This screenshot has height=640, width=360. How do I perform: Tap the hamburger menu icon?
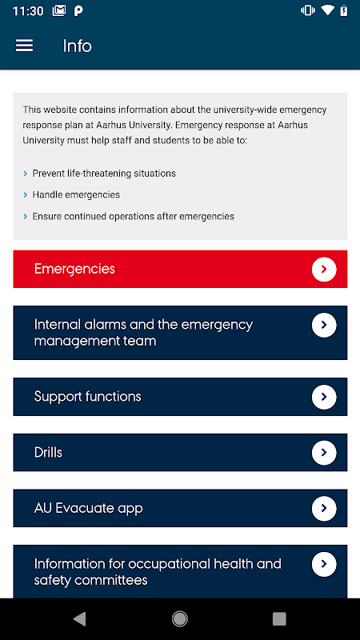pyautogui.click(x=25, y=46)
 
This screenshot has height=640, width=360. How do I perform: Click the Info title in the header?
pyautogui.click(x=77, y=46)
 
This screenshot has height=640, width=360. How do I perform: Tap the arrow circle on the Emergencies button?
pyautogui.click(x=324, y=269)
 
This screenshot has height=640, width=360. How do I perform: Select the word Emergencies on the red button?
pyautogui.click(x=74, y=269)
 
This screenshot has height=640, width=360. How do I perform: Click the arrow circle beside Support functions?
pyautogui.click(x=324, y=397)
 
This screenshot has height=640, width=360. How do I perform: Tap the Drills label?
pyautogui.click(x=48, y=452)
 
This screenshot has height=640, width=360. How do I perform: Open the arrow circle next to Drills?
pyautogui.click(x=324, y=453)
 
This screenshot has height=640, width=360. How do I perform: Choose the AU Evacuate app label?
pyautogui.click(x=89, y=508)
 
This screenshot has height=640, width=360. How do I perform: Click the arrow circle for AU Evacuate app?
pyautogui.click(x=324, y=508)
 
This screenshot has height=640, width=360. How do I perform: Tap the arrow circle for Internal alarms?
pyautogui.click(x=324, y=326)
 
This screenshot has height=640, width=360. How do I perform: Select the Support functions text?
pyautogui.click(x=88, y=397)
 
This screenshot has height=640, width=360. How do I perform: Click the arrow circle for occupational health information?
pyautogui.click(x=324, y=564)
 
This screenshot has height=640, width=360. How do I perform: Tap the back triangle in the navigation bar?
pyautogui.click(x=79, y=618)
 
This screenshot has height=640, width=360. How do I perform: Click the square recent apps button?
pyautogui.click(x=279, y=618)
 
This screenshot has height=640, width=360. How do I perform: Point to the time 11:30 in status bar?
pyautogui.click(x=28, y=11)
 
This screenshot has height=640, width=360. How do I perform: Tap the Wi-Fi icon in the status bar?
pyautogui.click(x=327, y=10)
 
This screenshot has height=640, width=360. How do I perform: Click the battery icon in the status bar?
pyautogui.click(x=344, y=10)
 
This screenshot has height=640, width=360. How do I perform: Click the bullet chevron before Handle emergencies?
pyautogui.click(x=26, y=195)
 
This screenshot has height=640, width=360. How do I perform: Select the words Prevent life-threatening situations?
pyautogui.click(x=104, y=174)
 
